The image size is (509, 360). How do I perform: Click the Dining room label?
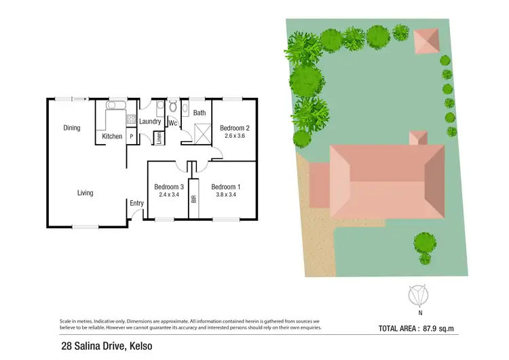[x=72, y=128]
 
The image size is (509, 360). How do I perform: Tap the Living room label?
[x=85, y=193]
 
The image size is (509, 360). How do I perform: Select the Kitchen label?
[x=112, y=137]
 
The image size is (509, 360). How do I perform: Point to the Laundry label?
[x=150, y=122]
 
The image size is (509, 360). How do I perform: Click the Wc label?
[x=173, y=124]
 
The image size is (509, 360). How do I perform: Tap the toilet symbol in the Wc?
[x=172, y=107]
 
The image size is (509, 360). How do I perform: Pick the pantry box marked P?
[x=131, y=137]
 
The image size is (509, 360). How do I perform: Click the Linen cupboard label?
[x=159, y=137]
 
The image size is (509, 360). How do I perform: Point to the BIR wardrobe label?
[x=193, y=199]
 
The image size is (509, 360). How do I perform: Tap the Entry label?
[x=136, y=203]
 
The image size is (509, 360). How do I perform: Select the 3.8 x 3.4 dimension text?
[x=225, y=195]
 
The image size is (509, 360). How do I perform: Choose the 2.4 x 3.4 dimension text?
[x=169, y=195]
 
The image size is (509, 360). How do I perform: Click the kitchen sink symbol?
[x=113, y=106]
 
